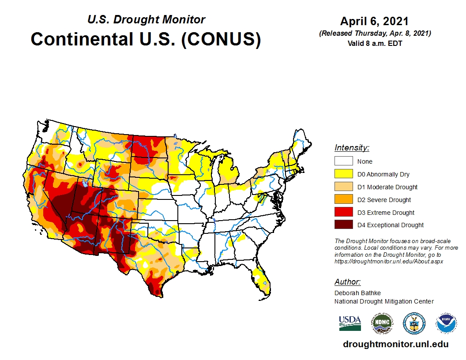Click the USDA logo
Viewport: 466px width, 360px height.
click(350, 323)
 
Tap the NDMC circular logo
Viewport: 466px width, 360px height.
click(382, 323)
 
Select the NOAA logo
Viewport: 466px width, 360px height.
click(446, 323)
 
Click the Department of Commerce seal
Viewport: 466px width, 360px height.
click(414, 323)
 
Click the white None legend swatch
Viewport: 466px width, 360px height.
click(343, 161)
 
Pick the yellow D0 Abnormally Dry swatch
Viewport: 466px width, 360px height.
click(343, 174)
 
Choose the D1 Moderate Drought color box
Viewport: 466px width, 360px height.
click(343, 187)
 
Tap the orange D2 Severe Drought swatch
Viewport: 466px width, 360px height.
click(343, 200)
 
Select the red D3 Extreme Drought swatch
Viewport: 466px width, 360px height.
click(343, 213)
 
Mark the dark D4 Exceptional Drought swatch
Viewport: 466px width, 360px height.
click(343, 225)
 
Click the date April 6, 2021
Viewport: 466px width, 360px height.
click(374, 22)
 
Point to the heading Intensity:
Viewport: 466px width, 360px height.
click(352, 148)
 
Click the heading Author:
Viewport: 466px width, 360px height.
click(347, 282)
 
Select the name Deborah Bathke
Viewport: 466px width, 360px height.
click(357, 293)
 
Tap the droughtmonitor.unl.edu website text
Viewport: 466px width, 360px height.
click(395, 345)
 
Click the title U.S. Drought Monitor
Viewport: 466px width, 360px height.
click(146, 20)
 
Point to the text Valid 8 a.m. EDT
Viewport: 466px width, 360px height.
click(374, 43)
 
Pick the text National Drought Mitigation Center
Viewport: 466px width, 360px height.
click(384, 301)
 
